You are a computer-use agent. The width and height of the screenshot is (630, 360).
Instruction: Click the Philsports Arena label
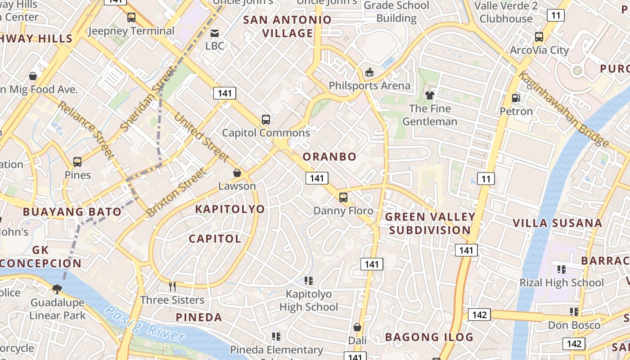[x=369, y=85]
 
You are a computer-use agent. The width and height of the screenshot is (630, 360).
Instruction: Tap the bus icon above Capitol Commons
[x=266, y=120]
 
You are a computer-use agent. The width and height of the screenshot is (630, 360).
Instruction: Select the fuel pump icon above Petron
[x=516, y=98]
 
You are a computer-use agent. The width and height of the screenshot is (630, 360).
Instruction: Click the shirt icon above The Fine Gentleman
[x=430, y=95]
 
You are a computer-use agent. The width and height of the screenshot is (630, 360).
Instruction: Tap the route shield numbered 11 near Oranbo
[x=486, y=179]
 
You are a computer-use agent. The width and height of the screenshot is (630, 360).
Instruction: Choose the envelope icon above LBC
[x=215, y=33]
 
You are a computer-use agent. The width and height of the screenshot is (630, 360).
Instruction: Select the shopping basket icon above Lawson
[x=237, y=173]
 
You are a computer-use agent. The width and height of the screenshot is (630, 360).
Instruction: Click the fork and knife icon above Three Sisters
[x=172, y=286]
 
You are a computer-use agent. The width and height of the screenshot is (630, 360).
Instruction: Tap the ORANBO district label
[x=329, y=157]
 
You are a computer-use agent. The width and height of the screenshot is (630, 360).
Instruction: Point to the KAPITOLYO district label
[x=229, y=209]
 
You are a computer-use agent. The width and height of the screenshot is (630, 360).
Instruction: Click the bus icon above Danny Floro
[x=343, y=197]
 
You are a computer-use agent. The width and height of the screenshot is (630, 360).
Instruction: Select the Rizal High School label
[x=562, y=283]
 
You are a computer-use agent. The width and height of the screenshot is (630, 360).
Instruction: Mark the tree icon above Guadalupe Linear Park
[x=57, y=289]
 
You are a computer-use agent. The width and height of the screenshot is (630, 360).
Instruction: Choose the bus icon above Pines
[x=77, y=162]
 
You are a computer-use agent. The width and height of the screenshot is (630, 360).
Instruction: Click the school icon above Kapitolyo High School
[x=308, y=281]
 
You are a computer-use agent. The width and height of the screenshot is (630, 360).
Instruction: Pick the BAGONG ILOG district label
[x=429, y=337]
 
